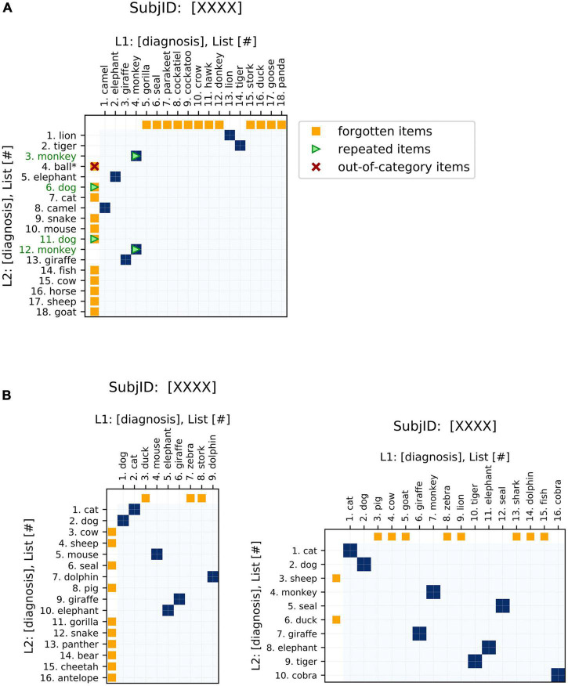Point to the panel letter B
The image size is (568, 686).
tap(6, 396)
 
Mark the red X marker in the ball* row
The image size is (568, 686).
tap(94, 166)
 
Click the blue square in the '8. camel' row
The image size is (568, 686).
tap(104, 208)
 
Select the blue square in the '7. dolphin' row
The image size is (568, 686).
tap(213, 533)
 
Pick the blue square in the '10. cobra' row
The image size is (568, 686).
tap(558, 675)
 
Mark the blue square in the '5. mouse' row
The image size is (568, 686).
tap(157, 533)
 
